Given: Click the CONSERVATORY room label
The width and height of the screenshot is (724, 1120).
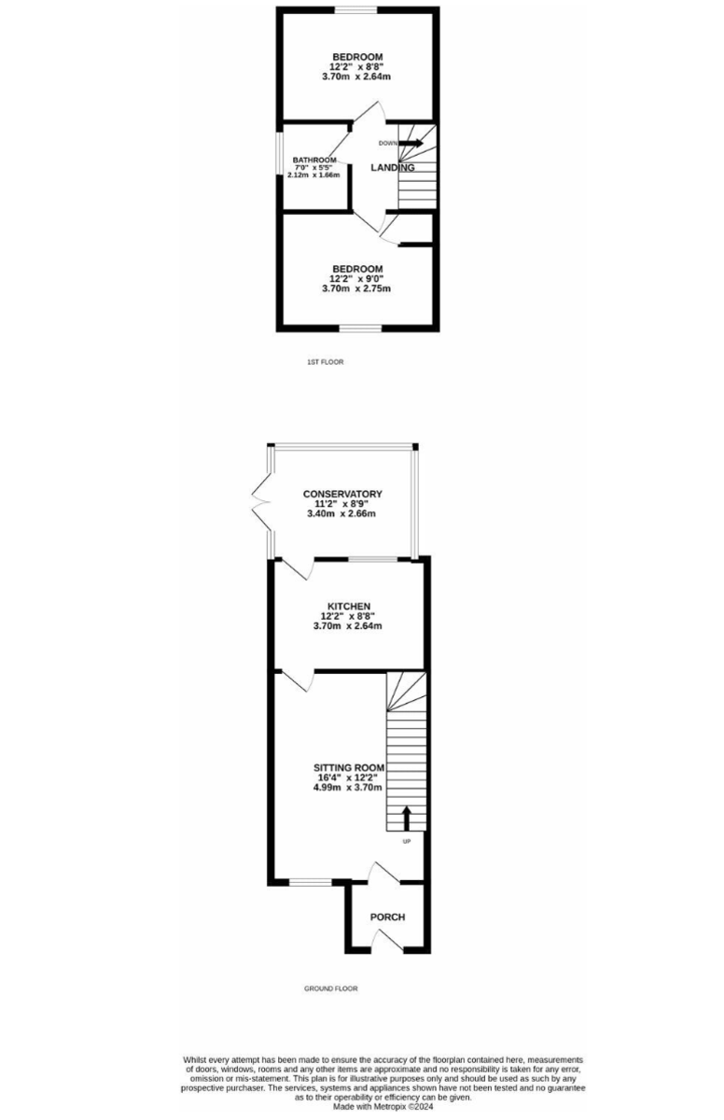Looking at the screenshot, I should (342, 494).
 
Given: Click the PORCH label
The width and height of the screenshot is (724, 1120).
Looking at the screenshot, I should (387, 917).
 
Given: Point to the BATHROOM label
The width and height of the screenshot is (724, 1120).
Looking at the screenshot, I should (314, 160).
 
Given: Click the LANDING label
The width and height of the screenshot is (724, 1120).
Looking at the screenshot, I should (392, 168).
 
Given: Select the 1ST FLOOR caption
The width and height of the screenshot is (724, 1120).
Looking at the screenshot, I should (325, 361).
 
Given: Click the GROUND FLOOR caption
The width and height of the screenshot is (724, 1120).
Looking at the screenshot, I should (330, 988).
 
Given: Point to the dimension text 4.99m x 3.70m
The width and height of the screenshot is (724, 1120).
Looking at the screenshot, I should (349, 788).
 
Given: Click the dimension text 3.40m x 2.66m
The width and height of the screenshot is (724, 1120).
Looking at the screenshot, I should (342, 514).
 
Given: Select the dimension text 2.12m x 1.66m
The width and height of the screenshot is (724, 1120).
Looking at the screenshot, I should (313, 175).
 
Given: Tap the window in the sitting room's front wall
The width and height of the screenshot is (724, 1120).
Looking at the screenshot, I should (311, 880).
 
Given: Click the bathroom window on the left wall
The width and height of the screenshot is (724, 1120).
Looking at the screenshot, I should (278, 153).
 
